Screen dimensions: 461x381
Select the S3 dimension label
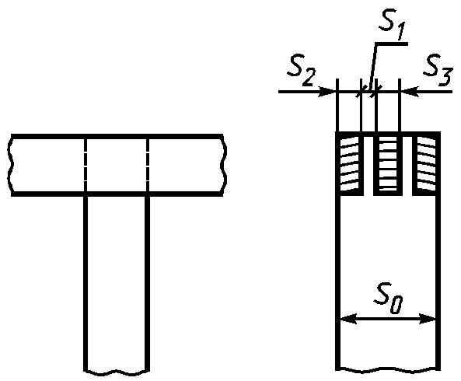pos(437,70)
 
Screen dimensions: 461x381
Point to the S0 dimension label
pos(388,298)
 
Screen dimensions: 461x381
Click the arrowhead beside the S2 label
pos(328,92)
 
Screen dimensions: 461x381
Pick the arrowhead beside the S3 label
pos(409,92)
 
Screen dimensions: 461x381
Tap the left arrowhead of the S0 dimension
pos(348,319)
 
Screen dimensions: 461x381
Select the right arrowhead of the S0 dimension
pos(428,319)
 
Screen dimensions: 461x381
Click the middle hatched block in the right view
pos(388,164)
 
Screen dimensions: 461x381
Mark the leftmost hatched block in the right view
pos(350,164)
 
